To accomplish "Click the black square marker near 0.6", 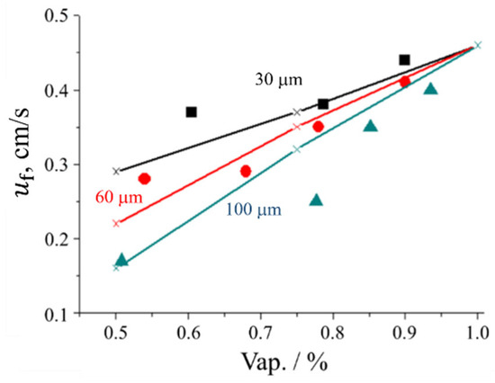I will tap(191, 112).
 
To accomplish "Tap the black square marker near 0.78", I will tap(323, 104).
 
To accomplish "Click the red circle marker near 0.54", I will tap(144, 179).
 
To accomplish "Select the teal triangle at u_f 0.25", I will tap(316, 200).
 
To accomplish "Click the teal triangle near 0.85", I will tap(370, 126).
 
